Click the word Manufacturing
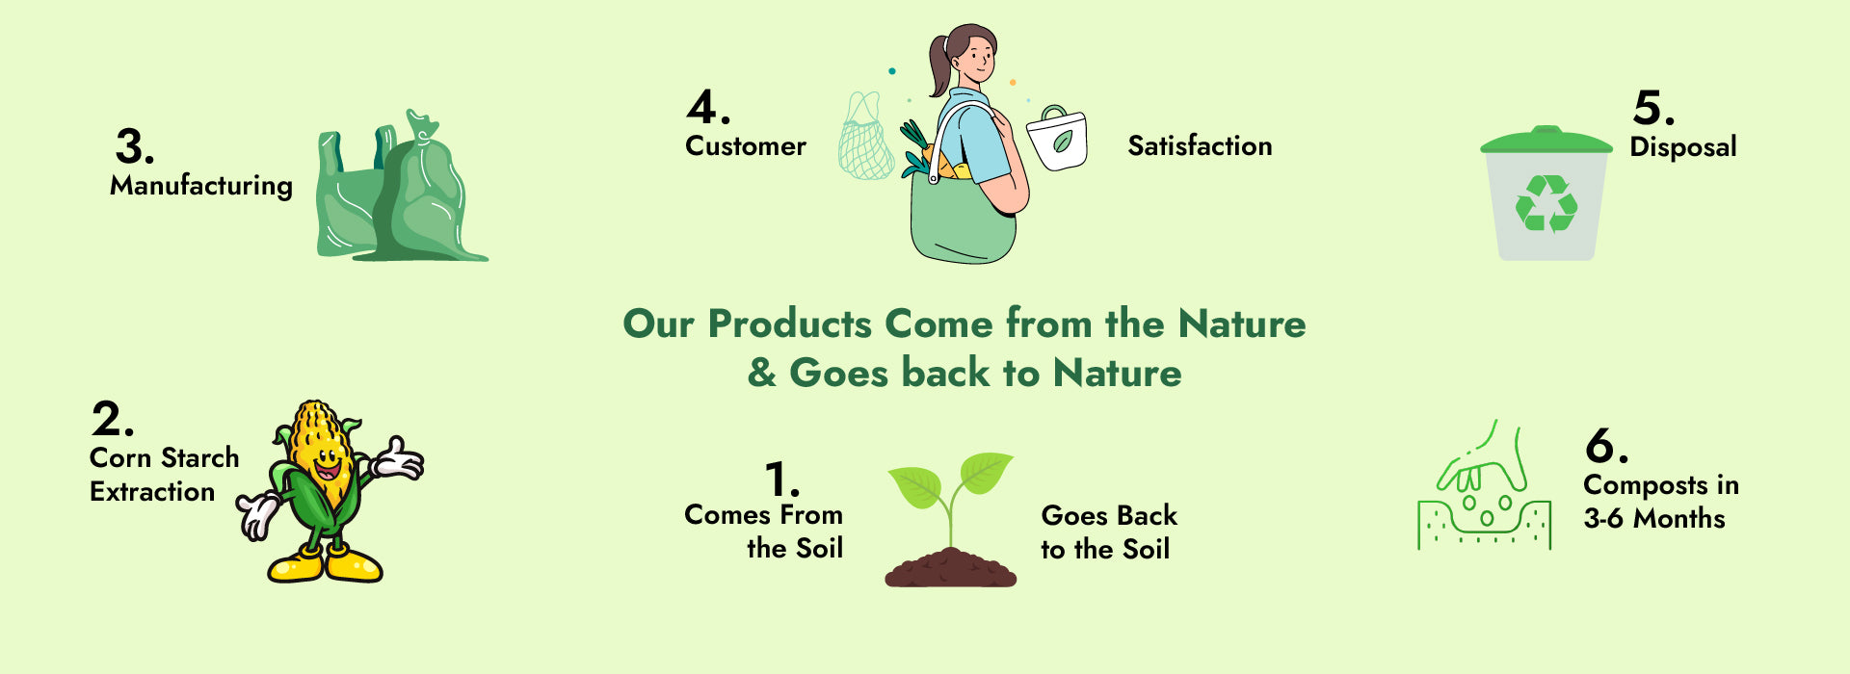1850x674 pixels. point(201,186)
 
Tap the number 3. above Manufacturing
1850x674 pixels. point(135,147)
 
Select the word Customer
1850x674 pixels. point(746,146)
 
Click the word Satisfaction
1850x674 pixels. point(1200,146)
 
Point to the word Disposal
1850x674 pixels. point(1683,146)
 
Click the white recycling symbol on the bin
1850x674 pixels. point(1546,203)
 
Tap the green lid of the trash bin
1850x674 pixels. point(1546,141)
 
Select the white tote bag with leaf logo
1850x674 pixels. point(1057,139)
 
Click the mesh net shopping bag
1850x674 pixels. point(865,137)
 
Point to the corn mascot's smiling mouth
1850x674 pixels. point(327,469)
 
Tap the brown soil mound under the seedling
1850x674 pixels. point(950,568)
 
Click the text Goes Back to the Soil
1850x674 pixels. point(1109,532)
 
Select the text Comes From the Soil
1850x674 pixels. point(764,531)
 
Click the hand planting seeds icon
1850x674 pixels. point(1484,484)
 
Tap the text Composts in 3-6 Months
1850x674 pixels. point(1661,502)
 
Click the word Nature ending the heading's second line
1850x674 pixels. point(1117,374)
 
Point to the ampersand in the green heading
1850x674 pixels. point(762,374)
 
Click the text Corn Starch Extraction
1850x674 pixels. point(165,475)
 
